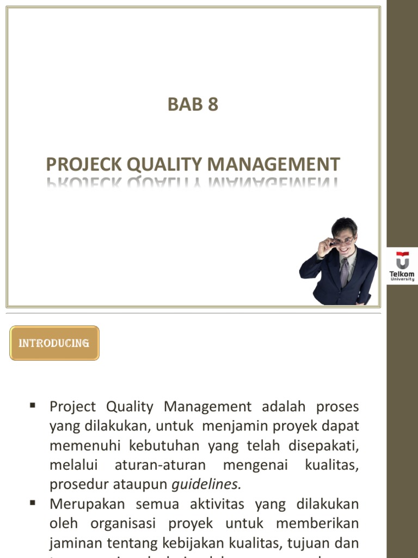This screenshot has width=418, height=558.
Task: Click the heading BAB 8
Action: [x=193, y=104]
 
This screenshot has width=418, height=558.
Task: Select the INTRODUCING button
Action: [x=54, y=343]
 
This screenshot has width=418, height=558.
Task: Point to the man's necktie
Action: [x=344, y=271]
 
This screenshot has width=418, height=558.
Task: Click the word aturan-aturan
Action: [x=161, y=465]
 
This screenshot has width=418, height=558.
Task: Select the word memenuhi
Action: [x=85, y=446]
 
